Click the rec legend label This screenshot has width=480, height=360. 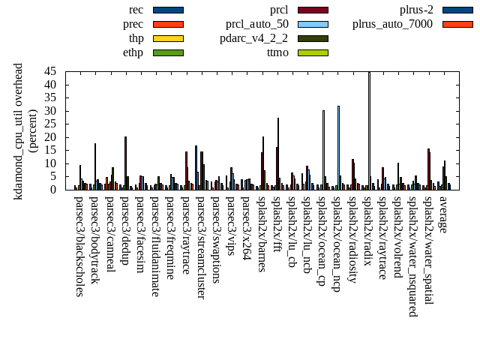click(x=136, y=10)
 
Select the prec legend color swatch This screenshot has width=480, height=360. click(x=168, y=24)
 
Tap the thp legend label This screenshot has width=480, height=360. click(x=136, y=38)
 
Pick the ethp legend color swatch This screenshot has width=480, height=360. click(x=168, y=52)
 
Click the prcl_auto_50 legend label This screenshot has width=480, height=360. click(x=257, y=24)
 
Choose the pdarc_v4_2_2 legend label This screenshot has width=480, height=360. click(x=253, y=38)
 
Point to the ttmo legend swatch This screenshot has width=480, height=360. click(x=313, y=52)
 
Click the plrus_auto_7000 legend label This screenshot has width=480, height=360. click(x=392, y=24)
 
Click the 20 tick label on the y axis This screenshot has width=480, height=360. click(x=51, y=137)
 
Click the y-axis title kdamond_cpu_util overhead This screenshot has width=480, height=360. click(x=19, y=131)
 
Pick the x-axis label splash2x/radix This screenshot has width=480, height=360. click(x=368, y=232)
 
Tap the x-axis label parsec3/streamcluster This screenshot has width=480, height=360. click(x=201, y=247)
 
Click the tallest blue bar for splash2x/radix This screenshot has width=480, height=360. click(x=369, y=127)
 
